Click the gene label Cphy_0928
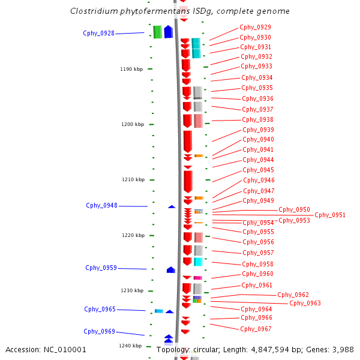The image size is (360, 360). (98, 33)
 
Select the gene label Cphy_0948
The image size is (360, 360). (101, 205)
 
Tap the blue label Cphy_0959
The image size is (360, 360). (101, 268)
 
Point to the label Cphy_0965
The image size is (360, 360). (100, 309)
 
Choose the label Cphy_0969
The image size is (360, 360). (99, 331)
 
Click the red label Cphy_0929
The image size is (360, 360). (255, 27)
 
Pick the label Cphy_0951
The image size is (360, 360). (330, 215)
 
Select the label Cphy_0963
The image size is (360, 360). (305, 303)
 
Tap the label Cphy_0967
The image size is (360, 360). (256, 329)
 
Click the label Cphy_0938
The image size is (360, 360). (258, 119)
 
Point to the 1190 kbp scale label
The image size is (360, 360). (131, 69)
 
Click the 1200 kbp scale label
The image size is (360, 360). (132, 124)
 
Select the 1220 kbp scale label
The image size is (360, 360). (132, 235)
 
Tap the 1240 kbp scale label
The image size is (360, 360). (130, 346)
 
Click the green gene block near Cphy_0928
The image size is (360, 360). (157, 32)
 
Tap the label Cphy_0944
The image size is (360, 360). (258, 160)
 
